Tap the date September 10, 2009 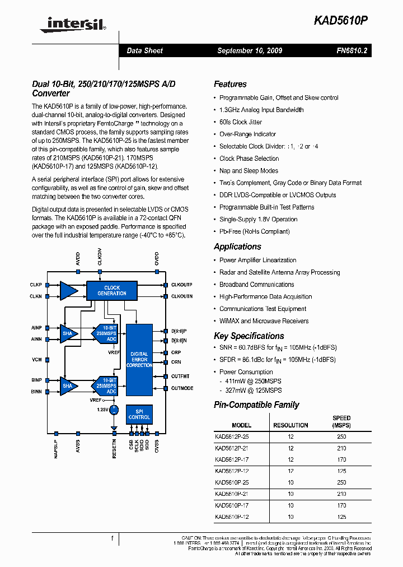(x=250, y=50)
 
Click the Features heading (x=230, y=84)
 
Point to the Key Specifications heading (x=249, y=336)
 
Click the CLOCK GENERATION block (x=112, y=290)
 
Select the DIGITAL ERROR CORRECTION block (x=139, y=360)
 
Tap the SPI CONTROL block (x=139, y=414)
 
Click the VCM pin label (x=36, y=359)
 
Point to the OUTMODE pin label (x=182, y=388)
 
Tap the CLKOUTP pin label (x=182, y=285)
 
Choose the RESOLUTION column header (x=290, y=425)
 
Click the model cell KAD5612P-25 (x=232, y=436)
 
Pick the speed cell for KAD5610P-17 (x=341, y=505)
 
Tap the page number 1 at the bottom (x=113, y=538)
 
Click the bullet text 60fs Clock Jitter (x=241, y=122)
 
